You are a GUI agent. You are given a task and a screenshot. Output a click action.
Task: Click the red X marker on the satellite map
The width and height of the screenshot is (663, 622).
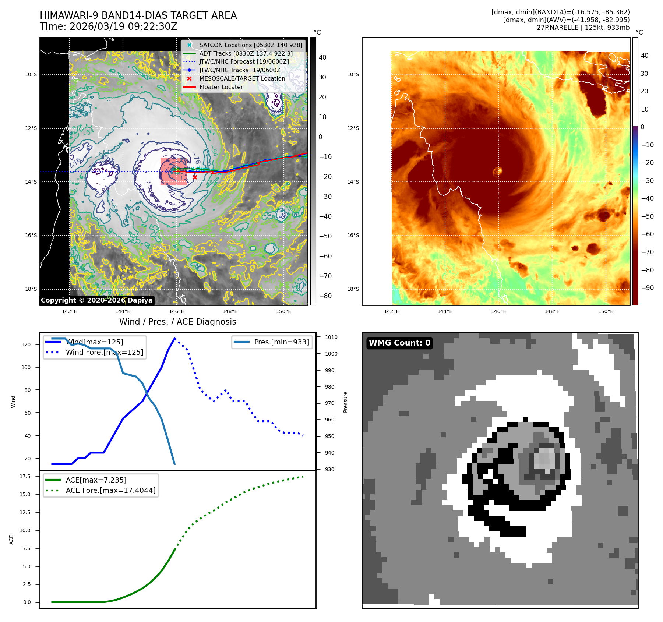195,177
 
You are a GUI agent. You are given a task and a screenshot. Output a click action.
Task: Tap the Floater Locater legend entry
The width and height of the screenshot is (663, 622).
221,87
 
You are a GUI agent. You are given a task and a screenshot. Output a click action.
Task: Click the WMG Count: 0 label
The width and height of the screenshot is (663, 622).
399,343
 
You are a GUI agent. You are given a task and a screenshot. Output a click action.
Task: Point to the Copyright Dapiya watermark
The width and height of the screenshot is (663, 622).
96,300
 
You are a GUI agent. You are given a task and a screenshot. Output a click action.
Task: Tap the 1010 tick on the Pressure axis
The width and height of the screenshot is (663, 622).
331,337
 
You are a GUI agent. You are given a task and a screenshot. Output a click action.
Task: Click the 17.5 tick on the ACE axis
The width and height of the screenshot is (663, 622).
25,476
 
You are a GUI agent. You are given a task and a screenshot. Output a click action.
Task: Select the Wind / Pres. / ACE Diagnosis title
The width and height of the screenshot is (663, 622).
177,322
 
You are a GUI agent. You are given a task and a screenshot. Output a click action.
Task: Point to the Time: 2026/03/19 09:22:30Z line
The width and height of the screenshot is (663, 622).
109,26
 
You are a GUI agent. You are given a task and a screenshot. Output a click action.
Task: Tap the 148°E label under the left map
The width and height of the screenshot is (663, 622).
230,311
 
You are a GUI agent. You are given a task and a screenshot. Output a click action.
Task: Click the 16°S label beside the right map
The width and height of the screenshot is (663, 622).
353,235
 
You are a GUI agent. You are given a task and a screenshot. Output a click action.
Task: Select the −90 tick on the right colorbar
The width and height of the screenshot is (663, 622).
647,288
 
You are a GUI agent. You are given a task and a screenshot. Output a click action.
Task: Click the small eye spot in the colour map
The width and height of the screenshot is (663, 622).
497,171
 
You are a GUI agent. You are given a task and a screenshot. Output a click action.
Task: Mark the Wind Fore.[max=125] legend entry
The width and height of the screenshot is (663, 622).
104,352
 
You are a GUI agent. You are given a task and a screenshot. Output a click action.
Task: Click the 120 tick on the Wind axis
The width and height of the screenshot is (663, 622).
26,344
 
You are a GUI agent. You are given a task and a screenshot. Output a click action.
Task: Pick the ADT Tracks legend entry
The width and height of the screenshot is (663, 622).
246,53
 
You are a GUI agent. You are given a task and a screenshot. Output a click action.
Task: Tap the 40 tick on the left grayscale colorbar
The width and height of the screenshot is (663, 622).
322,57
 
